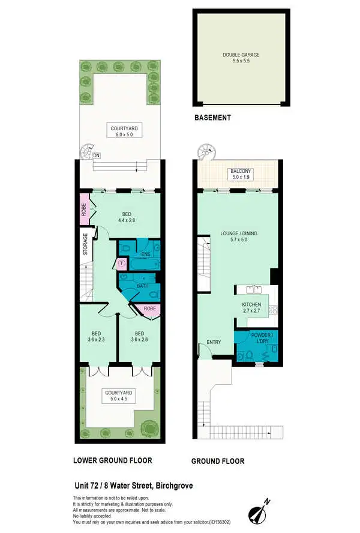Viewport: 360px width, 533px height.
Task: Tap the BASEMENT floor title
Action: click(x=212, y=118)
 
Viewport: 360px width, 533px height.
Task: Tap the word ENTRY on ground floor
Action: click(x=214, y=343)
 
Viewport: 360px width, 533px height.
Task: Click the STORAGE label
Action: click(x=86, y=244)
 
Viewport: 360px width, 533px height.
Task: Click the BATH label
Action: click(x=142, y=286)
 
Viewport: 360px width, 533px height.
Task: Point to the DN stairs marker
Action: click(x=96, y=155)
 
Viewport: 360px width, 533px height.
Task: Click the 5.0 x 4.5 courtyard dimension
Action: click(x=119, y=400)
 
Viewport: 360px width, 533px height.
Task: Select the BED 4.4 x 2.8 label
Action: click(x=127, y=217)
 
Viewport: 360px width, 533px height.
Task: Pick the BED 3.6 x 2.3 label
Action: click(x=97, y=337)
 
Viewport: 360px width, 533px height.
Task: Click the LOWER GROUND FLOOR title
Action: click(x=112, y=461)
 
